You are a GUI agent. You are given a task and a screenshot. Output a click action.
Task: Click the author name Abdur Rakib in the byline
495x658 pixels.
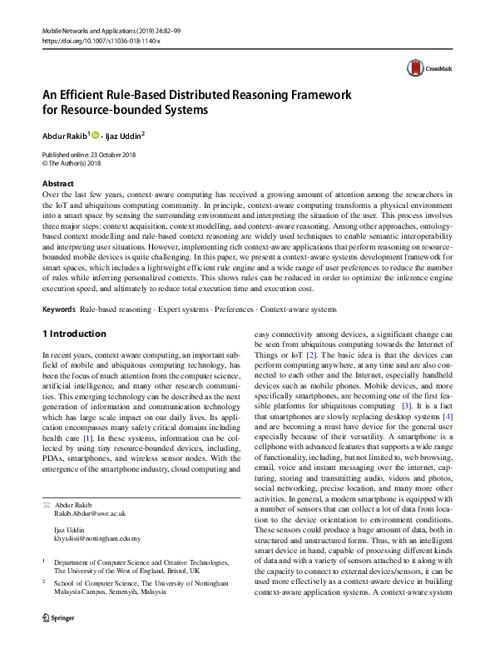click(x=63, y=135)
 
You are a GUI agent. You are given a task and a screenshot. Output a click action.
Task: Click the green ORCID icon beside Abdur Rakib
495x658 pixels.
click(x=95, y=135)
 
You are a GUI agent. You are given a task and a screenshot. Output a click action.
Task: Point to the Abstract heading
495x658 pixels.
click(x=57, y=184)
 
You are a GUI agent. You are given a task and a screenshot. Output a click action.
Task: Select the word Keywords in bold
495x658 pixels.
click(x=58, y=309)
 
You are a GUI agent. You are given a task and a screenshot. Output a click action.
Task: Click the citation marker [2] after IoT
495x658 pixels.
click(x=311, y=356)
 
